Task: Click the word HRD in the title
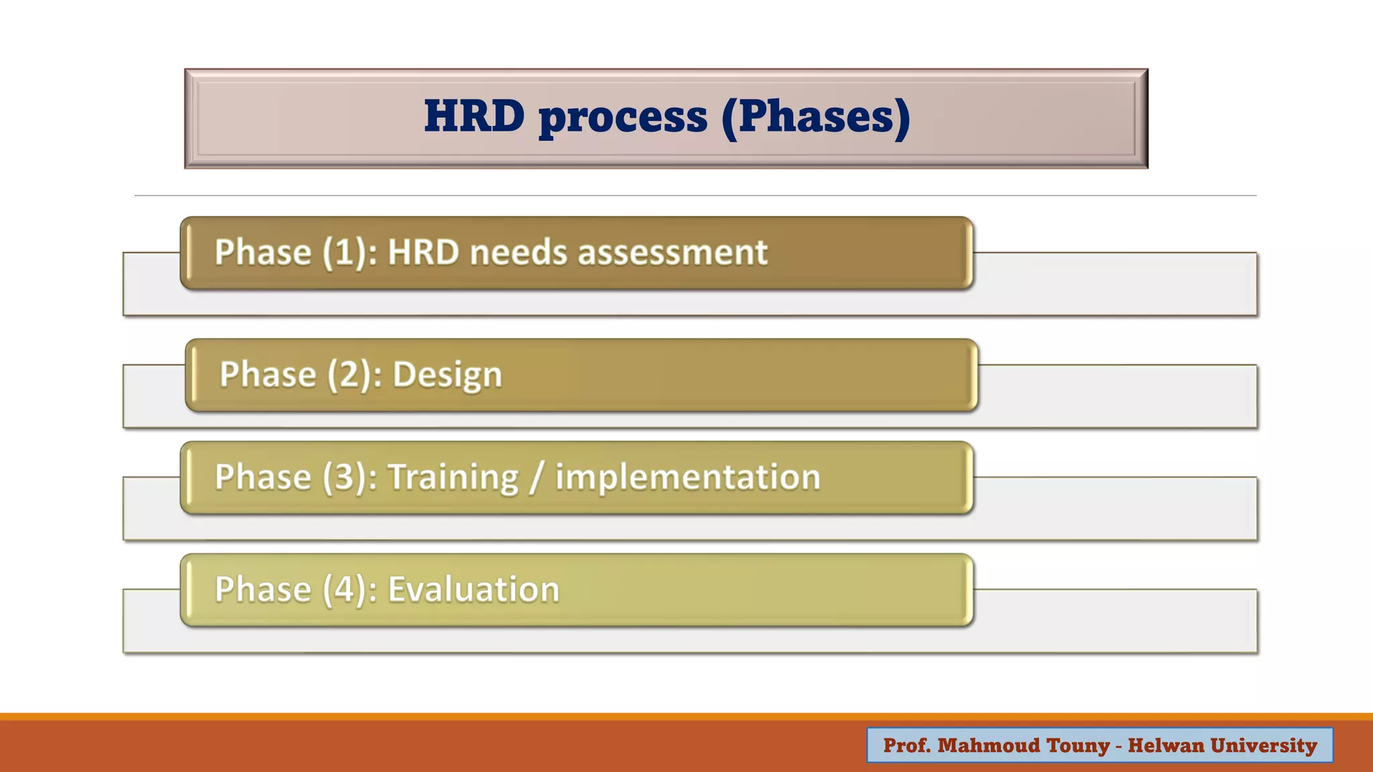(474, 116)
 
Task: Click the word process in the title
(623, 117)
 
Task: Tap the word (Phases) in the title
(816, 117)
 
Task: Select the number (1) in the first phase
(349, 253)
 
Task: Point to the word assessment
(672, 253)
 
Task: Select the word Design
(447, 375)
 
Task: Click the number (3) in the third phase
(349, 478)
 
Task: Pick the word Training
(454, 478)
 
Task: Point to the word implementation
(687, 478)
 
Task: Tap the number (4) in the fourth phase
(349, 590)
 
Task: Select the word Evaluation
(473, 590)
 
